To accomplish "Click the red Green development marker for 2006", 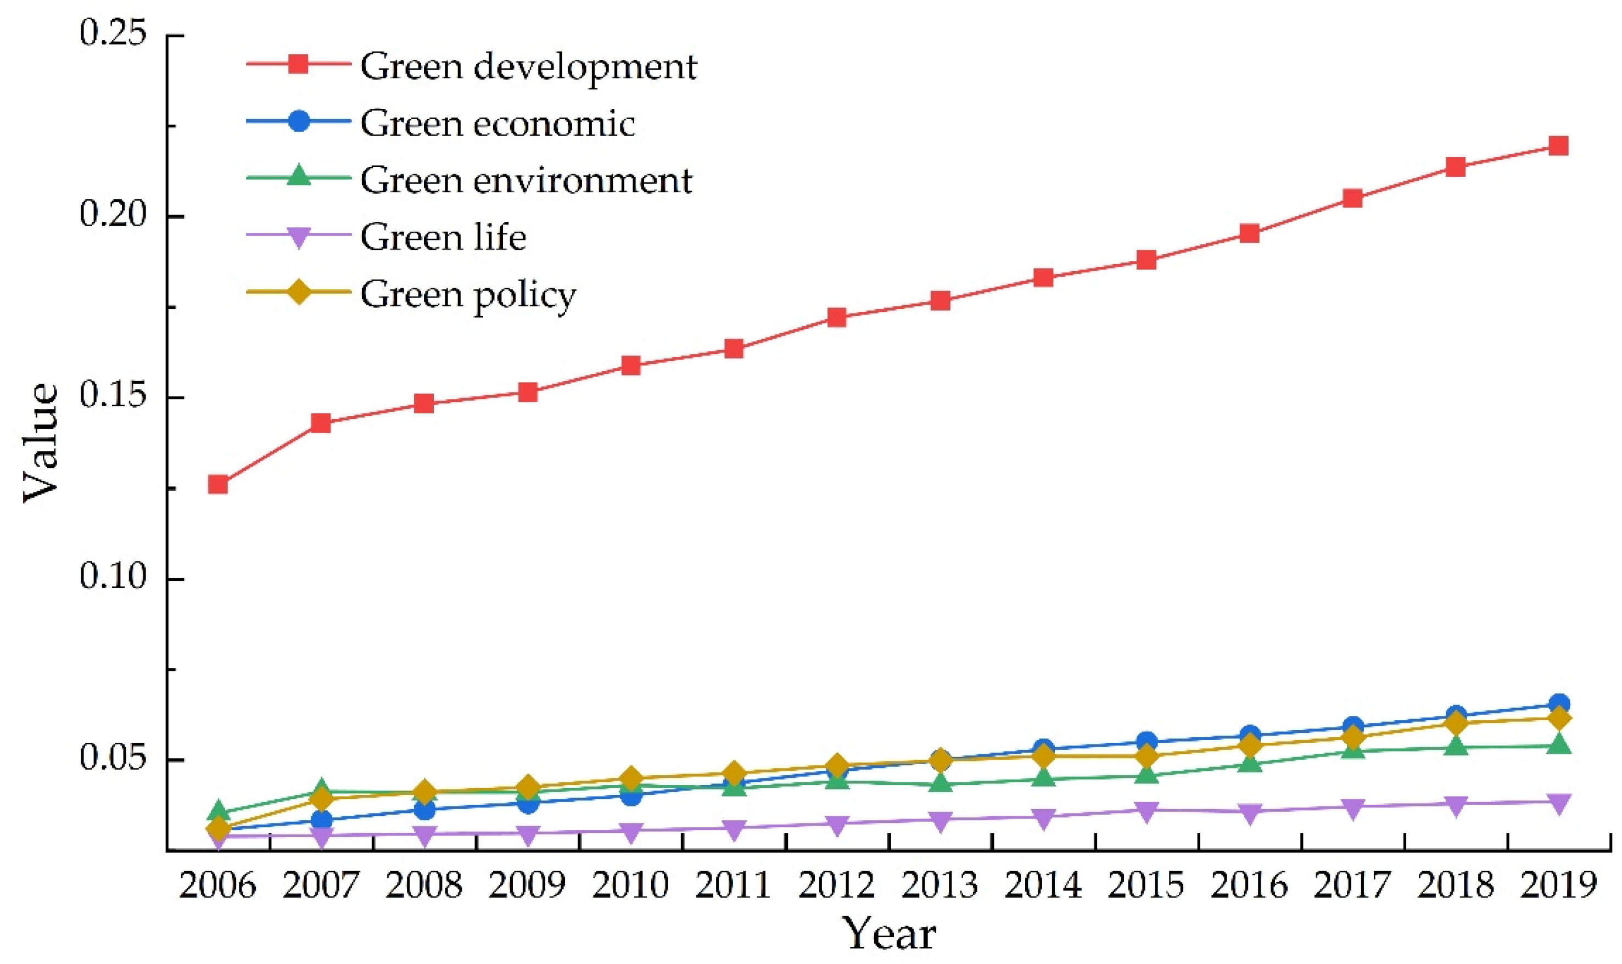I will (x=217, y=485).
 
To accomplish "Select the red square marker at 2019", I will (x=1558, y=145).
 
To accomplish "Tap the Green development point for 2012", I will (x=837, y=318).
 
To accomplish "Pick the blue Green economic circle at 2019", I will (x=1558, y=704).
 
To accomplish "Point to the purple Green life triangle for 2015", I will (x=1146, y=811).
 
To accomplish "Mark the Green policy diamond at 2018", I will (x=1455, y=723).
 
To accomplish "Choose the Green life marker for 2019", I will (x=1558, y=802).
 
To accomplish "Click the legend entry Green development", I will (x=528, y=66).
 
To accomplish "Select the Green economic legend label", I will (x=497, y=124).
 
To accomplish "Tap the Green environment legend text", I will (x=526, y=180).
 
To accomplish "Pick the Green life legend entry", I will (x=443, y=237).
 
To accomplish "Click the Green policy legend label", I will (x=468, y=294).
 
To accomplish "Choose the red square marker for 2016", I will (x=1249, y=233).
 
